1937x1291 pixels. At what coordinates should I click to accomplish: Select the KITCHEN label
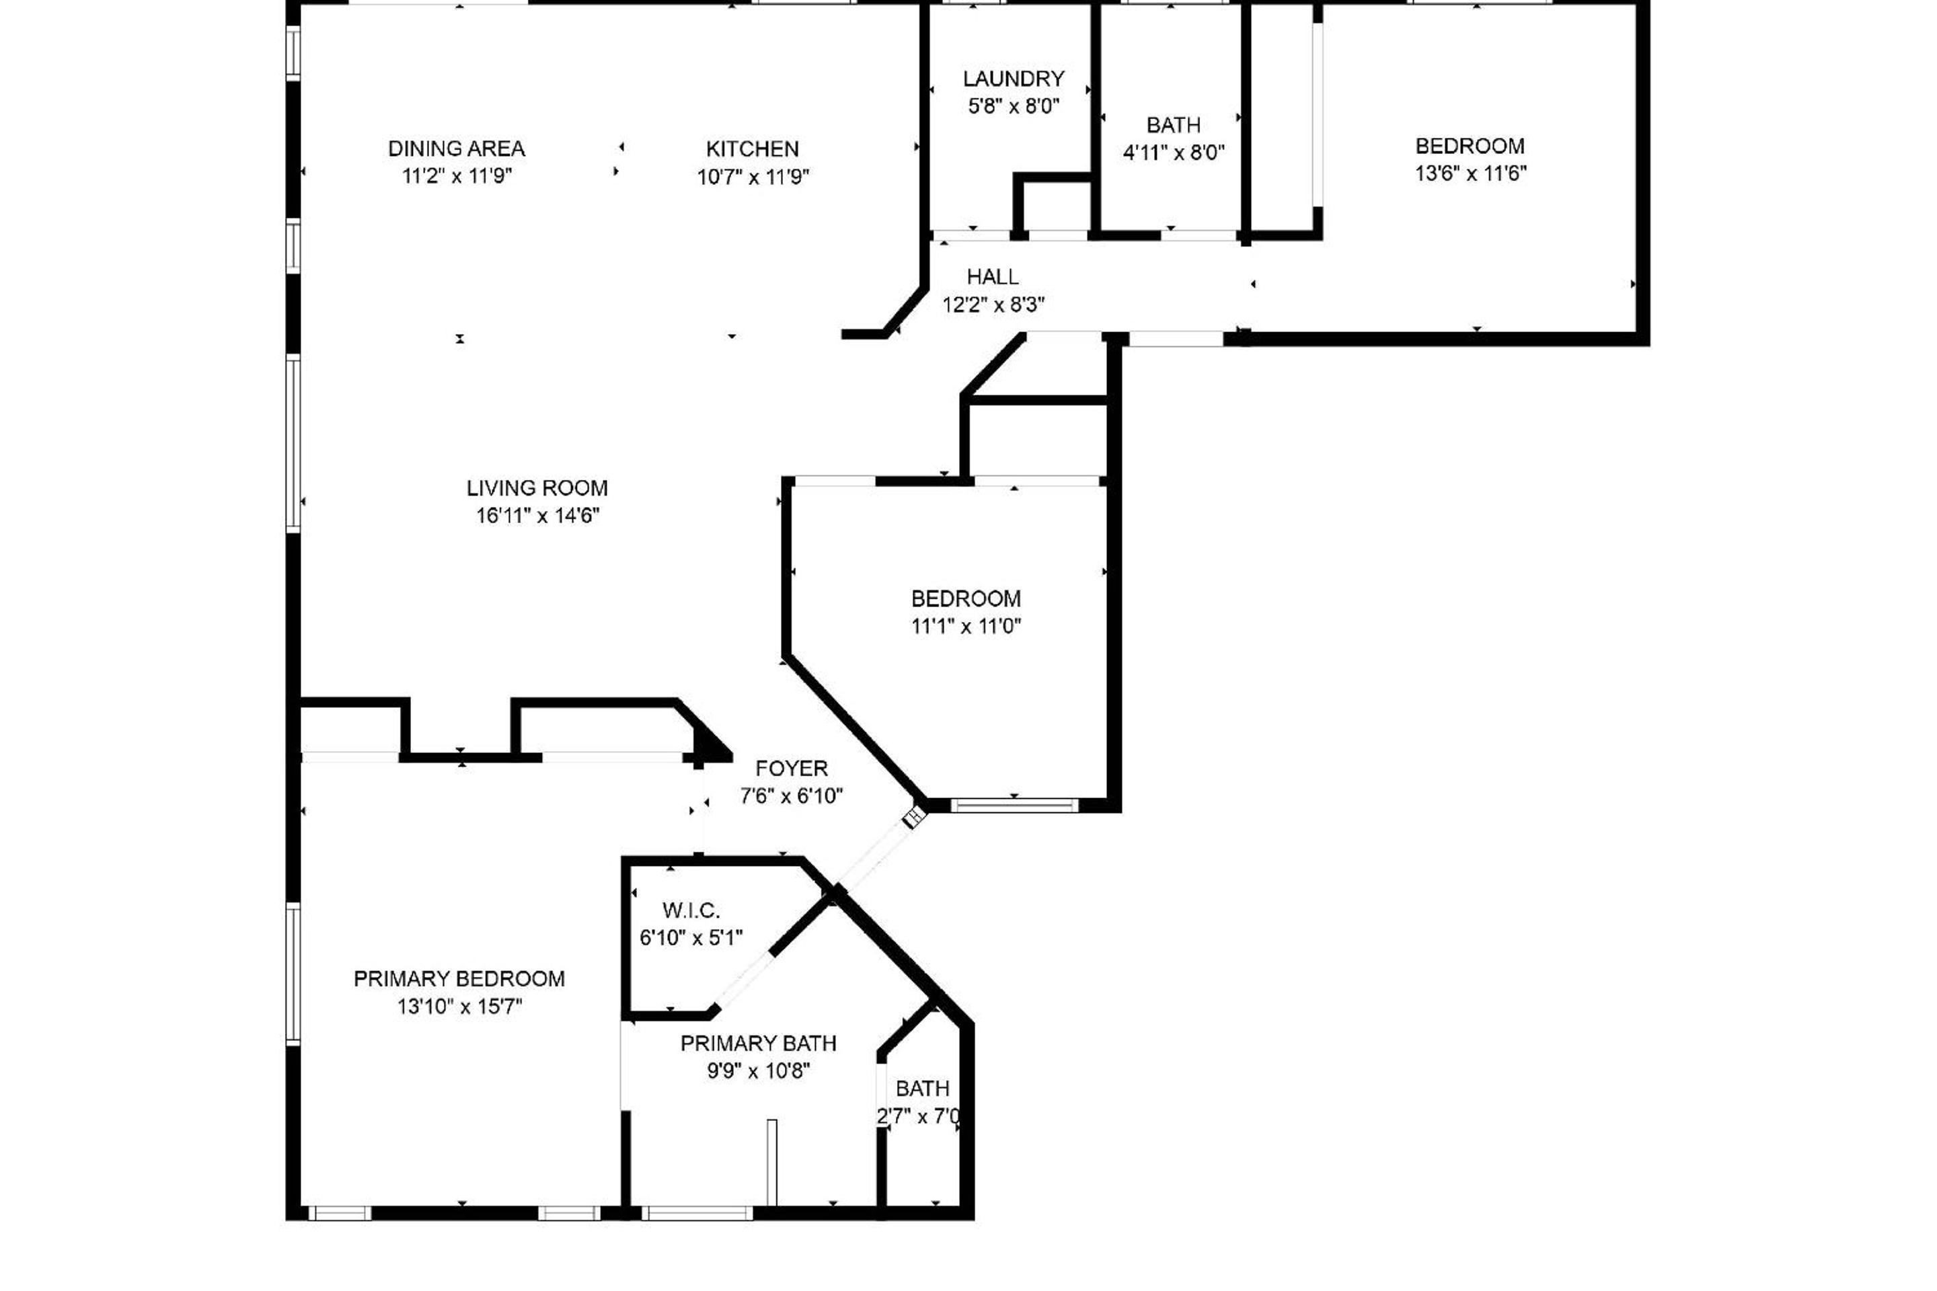[x=753, y=149]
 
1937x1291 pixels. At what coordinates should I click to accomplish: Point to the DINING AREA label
[x=457, y=149]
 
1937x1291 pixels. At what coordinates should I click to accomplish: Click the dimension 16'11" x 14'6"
[x=538, y=516]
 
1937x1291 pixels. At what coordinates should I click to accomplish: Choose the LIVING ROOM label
[x=538, y=488]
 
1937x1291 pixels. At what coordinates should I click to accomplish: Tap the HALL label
[x=993, y=276]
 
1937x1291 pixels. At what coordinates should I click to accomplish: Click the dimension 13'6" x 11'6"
[x=1471, y=173]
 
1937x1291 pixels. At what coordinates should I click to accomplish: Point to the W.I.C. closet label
[x=692, y=910]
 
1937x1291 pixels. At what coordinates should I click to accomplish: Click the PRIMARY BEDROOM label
[x=459, y=978]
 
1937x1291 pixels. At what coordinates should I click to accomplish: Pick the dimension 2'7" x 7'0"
[x=919, y=1116]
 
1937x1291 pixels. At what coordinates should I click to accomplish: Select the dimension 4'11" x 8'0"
[x=1174, y=153]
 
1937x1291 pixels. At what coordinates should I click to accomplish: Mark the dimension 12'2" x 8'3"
[x=994, y=305]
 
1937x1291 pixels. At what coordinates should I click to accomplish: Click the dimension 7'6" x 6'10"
[x=792, y=796]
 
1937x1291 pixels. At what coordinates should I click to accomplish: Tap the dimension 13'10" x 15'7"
[x=460, y=1006]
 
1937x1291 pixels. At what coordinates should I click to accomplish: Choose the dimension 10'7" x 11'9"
[x=753, y=177]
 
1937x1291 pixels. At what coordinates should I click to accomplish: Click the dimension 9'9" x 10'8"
[x=759, y=1070]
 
